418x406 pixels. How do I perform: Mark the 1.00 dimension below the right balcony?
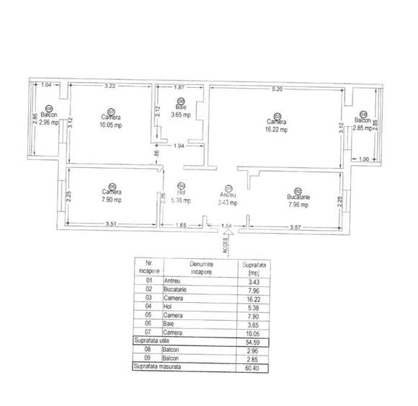point(363,159)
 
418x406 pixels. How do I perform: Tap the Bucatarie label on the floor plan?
point(298,197)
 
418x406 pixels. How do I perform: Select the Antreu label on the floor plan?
point(229,195)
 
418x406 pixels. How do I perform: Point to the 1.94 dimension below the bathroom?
point(181,146)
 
